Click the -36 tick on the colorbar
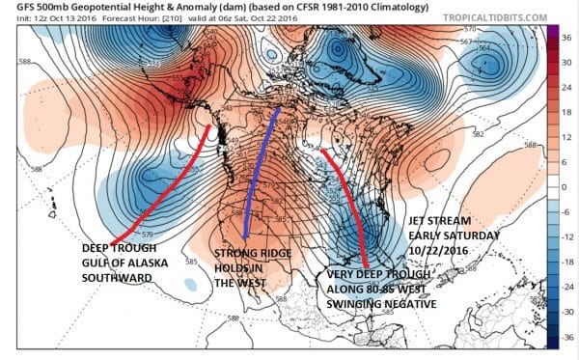(558, 338)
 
